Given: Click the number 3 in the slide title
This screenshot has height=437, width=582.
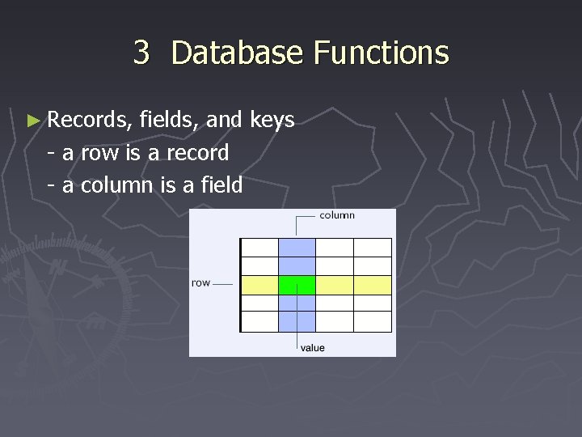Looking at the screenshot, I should [141, 53].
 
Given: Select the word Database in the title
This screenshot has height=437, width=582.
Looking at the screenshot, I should [237, 53].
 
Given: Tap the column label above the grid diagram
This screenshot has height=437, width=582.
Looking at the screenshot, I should [337, 215].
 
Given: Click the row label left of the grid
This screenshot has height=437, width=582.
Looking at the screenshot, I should [200, 283].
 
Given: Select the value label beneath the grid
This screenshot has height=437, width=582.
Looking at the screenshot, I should [313, 348].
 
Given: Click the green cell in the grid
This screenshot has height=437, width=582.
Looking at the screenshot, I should [297, 285].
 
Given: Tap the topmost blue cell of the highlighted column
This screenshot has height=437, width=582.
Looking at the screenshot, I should [297, 247].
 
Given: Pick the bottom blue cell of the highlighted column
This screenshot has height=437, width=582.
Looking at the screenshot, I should [297, 322].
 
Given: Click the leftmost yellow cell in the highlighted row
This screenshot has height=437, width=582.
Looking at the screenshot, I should [259, 285].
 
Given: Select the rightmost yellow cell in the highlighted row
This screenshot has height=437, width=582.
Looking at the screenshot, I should [373, 285].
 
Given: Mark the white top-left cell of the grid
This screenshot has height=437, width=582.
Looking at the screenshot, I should [259, 247].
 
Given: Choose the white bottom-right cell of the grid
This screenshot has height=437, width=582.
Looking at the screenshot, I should [373, 322].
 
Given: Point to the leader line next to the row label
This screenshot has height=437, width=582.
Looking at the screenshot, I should [224, 284].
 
